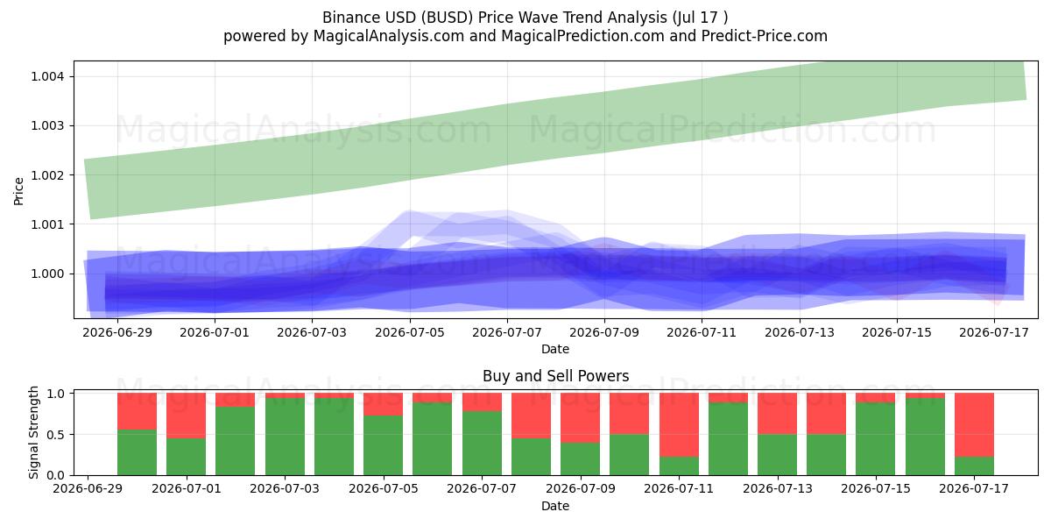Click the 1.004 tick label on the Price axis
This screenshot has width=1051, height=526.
(47, 76)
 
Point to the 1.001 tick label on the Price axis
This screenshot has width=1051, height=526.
(47, 224)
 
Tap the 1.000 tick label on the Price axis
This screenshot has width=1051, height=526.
(47, 274)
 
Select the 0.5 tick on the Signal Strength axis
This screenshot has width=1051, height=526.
(55, 435)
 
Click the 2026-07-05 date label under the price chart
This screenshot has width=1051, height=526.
(410, 332)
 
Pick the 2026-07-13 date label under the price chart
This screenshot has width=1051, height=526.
(800, 332)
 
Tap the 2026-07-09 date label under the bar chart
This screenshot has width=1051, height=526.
(580, 488)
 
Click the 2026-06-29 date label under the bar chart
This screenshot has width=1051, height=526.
(88, 488)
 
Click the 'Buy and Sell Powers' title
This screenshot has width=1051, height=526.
(555, 376)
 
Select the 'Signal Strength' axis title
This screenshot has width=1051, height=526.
(33, 432)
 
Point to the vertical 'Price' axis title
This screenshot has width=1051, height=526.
(18, 191)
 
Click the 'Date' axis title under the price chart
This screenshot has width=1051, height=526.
(555, 349)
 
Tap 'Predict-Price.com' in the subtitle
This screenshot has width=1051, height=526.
(765, 36)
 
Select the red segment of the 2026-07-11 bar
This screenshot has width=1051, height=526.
(679, 425)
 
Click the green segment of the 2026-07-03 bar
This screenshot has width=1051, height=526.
(285, 437)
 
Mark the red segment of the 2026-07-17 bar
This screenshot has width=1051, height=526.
(974, 425)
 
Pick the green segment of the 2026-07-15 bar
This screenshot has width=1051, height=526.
(876, 438)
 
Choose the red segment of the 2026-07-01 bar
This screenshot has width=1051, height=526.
(187, 416)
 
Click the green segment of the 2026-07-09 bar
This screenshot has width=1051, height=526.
(581, 458)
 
